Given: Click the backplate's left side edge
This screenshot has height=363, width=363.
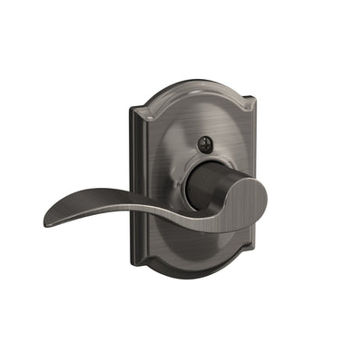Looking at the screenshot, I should pos(132,181).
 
